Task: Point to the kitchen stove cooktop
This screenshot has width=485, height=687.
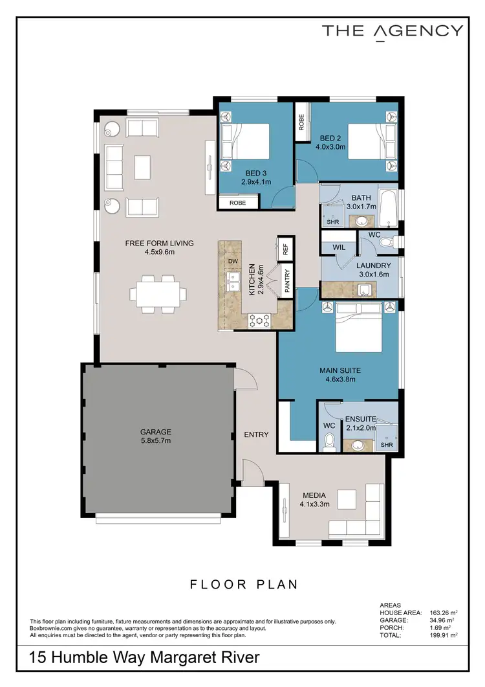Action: [x=259, y=319]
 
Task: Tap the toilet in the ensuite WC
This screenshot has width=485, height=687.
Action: [x=329, y=442]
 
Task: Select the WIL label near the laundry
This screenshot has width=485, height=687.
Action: [x=339, y=247]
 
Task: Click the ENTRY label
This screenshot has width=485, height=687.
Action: [x=256, y=434]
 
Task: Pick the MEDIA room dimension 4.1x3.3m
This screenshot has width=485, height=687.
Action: [x=315, y=504]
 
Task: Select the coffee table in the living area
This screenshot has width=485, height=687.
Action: [x=142, y=167]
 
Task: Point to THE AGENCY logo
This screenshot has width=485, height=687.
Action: [x=393, y=31]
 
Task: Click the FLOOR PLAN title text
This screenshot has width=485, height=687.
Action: [x=244, y=585]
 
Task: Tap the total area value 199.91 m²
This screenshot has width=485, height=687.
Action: [x=444, y=636]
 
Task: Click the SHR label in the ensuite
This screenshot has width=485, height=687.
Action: [x=387, y=445]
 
